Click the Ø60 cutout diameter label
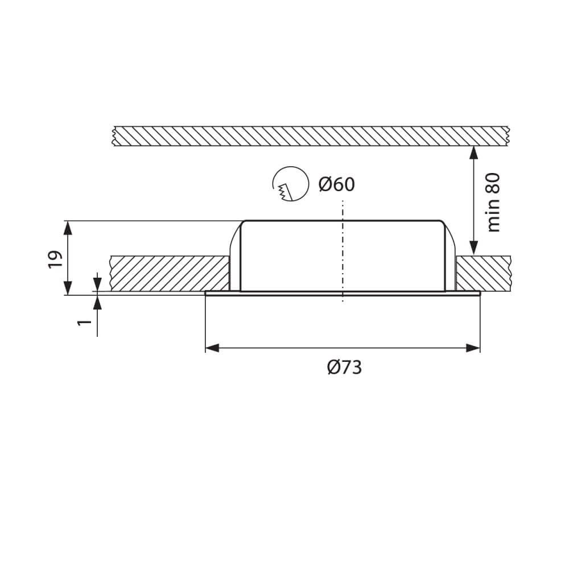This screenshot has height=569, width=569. click(x=336, y=184)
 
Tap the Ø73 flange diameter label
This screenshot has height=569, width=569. click(x=344, y=367)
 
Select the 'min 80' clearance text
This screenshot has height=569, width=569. click(x=493, y=203)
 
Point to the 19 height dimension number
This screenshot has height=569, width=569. click(x=55, y=259)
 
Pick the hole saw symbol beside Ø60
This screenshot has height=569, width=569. click(x=291, y=184)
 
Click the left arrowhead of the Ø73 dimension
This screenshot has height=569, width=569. click(x=212, y=348)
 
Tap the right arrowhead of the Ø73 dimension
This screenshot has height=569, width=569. click(x=473, y=348)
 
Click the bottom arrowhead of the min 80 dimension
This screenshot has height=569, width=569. click(x=473, y=248)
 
